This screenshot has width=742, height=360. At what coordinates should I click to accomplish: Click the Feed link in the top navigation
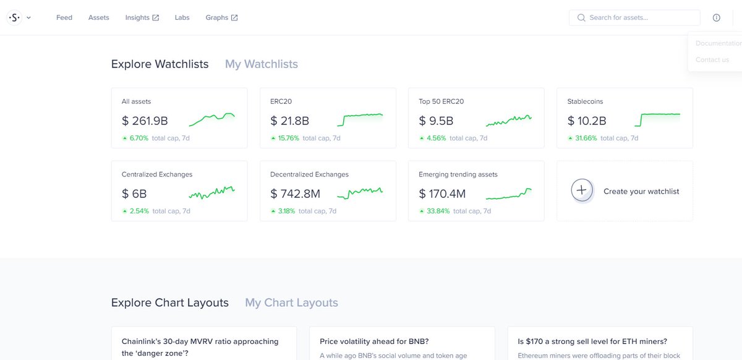click(64, 17)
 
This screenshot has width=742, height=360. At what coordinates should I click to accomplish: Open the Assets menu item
click(98, 17)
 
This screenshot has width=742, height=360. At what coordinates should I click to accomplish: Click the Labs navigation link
click(182, 17)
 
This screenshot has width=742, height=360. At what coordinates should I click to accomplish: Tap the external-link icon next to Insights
click(155, 18)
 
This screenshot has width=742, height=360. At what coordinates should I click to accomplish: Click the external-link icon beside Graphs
click(234, 18)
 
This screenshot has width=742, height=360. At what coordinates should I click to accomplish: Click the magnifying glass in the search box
click(581, 17)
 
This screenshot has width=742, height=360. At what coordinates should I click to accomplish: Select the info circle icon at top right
click(716, 18)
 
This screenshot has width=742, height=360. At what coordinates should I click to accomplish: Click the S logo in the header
click(14, 17)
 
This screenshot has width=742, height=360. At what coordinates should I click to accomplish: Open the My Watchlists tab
click(262, 64)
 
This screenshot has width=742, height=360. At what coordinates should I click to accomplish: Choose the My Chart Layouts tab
click(291, 302)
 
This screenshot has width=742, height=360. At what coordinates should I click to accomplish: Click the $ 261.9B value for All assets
click(145, 121)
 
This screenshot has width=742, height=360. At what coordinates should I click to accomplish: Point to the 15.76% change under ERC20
click(288, 138)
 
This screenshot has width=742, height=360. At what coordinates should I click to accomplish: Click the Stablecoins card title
click(585, 101)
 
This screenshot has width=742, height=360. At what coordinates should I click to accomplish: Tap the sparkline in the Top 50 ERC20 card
click(508, 121)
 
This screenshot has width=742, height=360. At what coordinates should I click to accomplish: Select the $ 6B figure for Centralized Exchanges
click(134, 194)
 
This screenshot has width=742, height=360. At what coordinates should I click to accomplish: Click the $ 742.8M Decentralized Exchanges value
click(295, 194)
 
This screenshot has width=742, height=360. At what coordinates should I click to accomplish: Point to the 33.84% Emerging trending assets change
click(438, 211)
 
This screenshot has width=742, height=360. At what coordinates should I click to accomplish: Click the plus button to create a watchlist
click(581, 191)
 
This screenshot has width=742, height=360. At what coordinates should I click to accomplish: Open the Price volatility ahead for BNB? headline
click(374, 341)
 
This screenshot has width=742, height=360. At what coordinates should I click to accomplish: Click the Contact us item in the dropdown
click(712, 59)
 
